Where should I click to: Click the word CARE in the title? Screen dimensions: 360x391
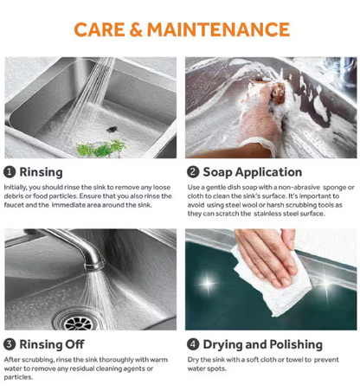click(100, 29)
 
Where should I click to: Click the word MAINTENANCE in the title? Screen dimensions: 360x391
click(218, 29)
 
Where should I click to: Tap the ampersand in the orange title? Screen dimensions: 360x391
click(136, 29)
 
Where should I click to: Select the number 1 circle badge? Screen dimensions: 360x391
click(10, 172)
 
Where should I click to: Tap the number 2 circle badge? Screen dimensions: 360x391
click(193, 172)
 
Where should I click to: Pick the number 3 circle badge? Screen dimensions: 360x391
click(10, 344)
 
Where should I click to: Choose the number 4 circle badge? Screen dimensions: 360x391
click(193, 344)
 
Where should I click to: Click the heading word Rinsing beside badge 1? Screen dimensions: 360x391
click(41, 172)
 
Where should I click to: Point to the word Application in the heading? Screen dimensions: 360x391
click(268, 172)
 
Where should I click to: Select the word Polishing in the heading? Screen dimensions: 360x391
click(296, 345)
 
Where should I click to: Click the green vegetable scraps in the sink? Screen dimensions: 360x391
click(101, 148)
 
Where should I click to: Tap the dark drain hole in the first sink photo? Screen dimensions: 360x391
click(112, 129)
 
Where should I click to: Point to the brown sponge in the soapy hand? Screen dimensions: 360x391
click(278, 93)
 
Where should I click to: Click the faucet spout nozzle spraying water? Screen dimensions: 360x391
click(94, 264)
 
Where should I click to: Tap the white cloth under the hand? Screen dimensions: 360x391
click(274, 285)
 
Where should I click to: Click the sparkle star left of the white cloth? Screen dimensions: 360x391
click(208, 283)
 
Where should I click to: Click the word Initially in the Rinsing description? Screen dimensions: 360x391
click(16, 188)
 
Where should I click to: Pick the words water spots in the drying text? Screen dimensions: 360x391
click(207, 369)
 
